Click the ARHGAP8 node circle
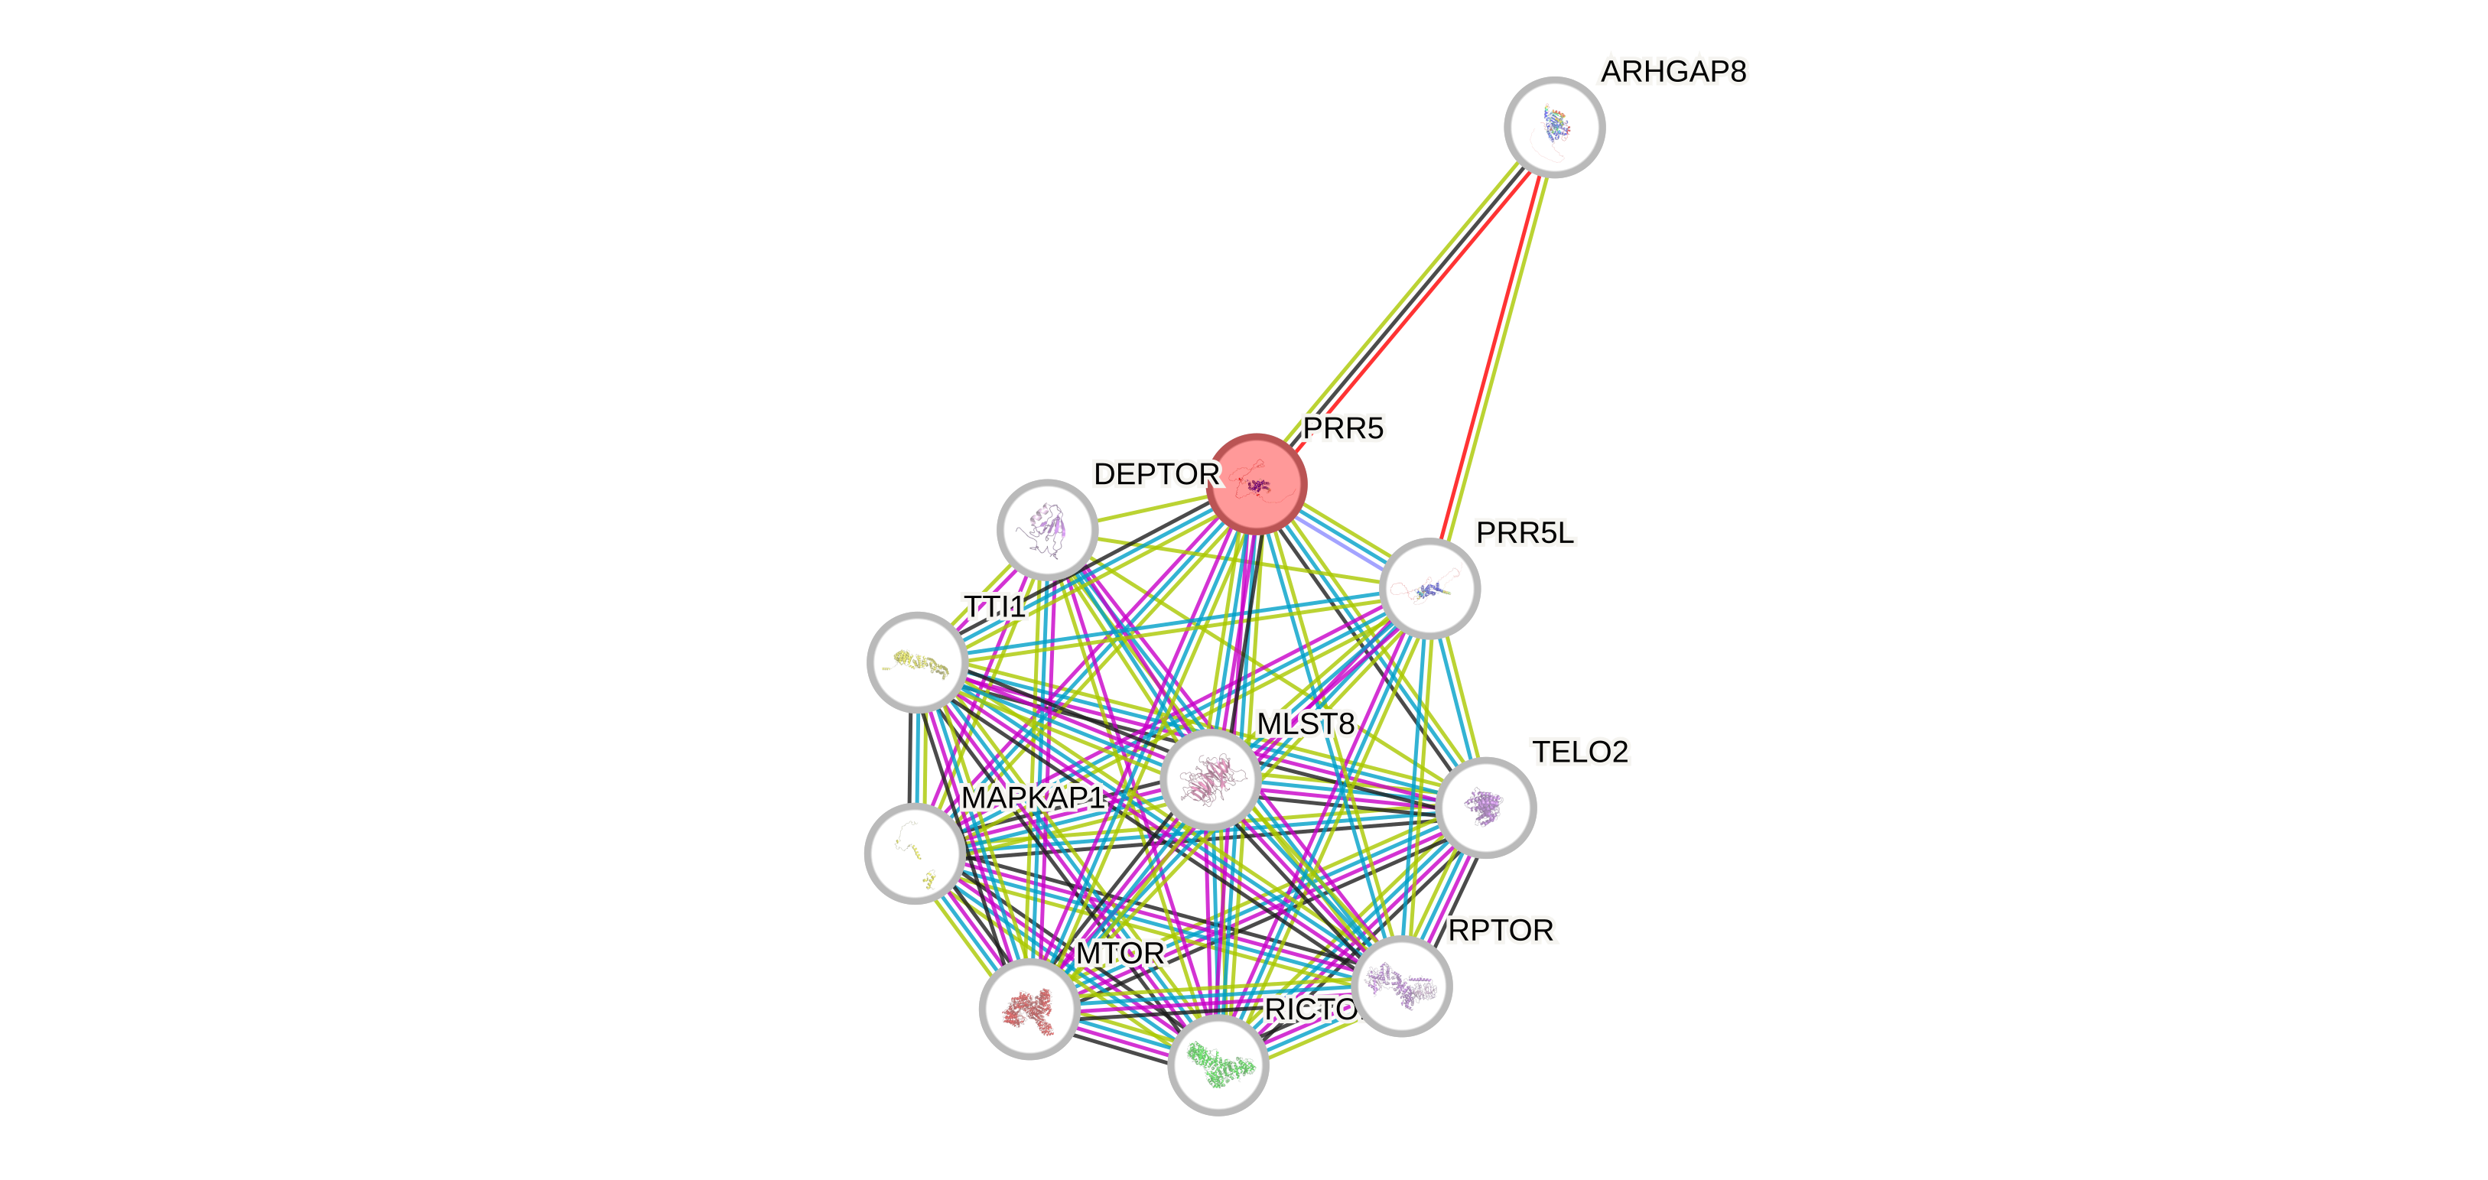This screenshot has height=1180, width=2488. pyautogui.click(x=1554, y=126)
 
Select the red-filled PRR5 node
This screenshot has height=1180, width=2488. pyautogui.click(x=1257, y=483)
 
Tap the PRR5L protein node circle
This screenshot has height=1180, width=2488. pyautogui.click(x=1429, y=588)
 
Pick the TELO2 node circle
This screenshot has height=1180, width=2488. pyautogui.click(x=1485, y=808)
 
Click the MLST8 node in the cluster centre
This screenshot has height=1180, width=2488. pyautogui.click(x=1210, y=779)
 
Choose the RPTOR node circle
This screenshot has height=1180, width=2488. pyautogui.click(x=1401, y=986)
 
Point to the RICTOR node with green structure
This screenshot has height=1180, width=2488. pyautogui.click(x=1218, y=1064)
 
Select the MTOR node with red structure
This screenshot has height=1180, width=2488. pyautogui.click(x=1029, y=1009)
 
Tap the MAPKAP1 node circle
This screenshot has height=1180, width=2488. pyautogui.click(x=914, y=853)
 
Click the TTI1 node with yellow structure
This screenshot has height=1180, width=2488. pyautogui.click(x=916, y=662)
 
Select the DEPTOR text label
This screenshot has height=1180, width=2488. pyautogui.click(x=1156, y=474)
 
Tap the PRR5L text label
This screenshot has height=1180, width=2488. pyautogui.click(x=1524, y=533)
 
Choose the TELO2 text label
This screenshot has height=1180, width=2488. pyautogui.click(x=1580, y=751)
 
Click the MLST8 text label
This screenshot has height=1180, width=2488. pyautogui.click(x=1306, y=723)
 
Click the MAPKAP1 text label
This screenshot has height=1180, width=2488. pyautogui.click(x=1033, y=798)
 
